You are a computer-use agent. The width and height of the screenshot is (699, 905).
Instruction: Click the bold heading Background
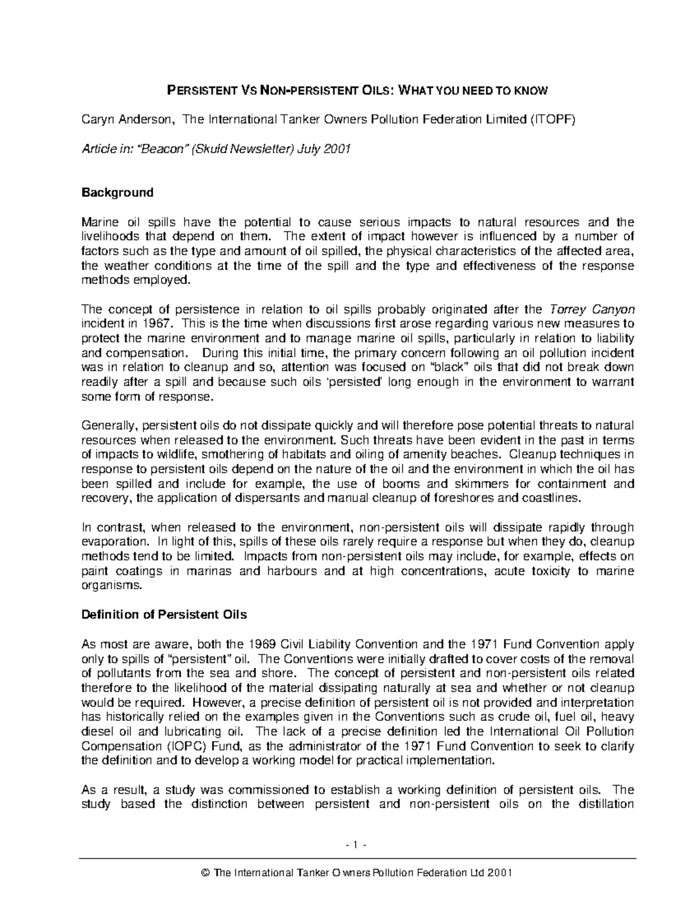coord(117,192)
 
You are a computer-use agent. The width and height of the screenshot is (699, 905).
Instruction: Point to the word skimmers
coord(495,484)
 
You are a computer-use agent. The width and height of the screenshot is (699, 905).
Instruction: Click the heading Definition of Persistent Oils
coord(164,615)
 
